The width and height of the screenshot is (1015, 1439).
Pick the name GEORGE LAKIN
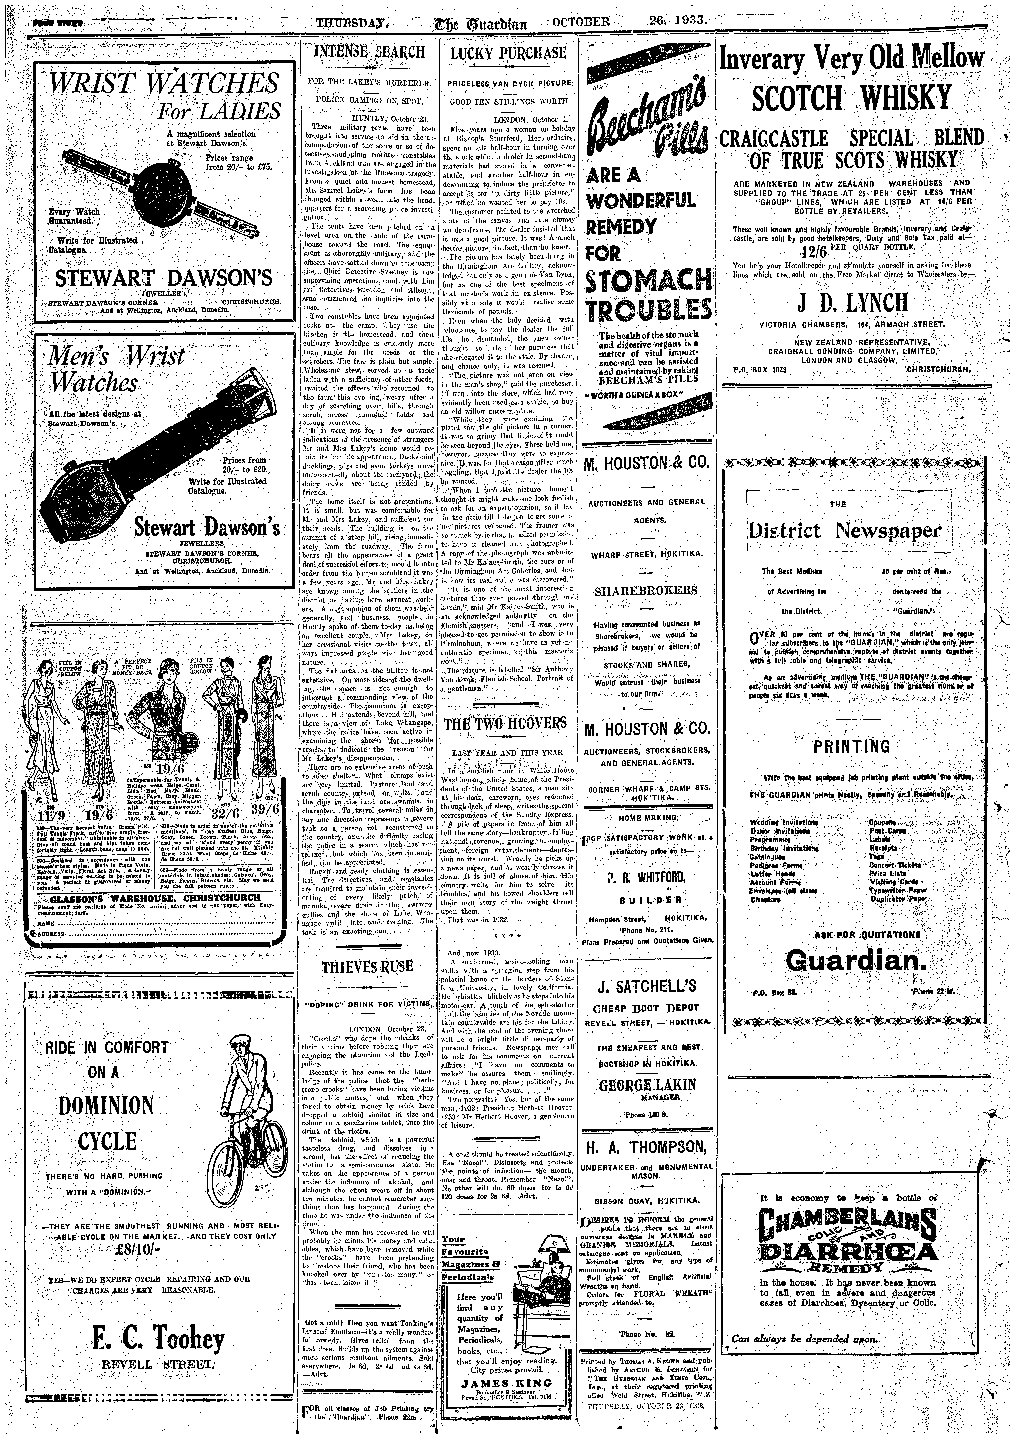coord(647,1085)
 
